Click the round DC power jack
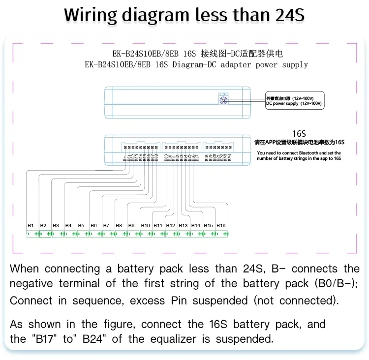point(224,100)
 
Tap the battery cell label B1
point(31,225)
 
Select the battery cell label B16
point(221,225)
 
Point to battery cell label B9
point(131,225)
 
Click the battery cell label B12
point(170,225)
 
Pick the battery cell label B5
point(81,225)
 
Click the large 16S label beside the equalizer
point(299,133)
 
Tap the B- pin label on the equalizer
point(124,158)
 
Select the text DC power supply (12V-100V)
point(294,104)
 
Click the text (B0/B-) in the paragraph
point(334,284)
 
